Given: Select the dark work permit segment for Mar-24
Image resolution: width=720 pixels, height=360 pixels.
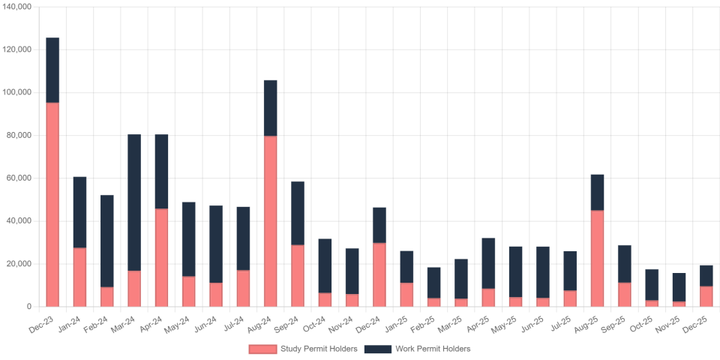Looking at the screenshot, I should click(x=134, y=202).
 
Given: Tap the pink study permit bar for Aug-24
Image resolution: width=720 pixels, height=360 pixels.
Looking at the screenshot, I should click(x=270, y=220).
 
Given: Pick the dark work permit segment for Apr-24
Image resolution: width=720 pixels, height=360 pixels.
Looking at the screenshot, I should click(x=161, y=171).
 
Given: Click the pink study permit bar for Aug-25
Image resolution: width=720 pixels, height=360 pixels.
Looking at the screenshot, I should click(x=597, y=258).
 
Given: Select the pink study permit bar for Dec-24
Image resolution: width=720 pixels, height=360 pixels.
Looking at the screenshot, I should click(x=379, y=274).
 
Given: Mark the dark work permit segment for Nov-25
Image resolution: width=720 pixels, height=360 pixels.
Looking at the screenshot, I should click(x=679, y=286).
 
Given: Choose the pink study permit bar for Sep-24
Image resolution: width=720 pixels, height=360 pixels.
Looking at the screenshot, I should click(x=298, y=275).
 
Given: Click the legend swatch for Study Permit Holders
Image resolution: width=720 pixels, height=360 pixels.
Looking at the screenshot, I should click(x=262, y=349).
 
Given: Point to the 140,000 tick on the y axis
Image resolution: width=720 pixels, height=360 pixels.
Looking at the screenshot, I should click(x=16, y=6).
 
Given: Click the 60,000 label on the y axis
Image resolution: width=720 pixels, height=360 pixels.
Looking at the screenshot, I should click(x=18, y=178).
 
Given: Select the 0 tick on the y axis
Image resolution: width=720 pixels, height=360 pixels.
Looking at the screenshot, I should click(x=28, y=307).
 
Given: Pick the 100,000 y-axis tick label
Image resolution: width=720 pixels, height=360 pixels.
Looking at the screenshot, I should click(x=16, y=92).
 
